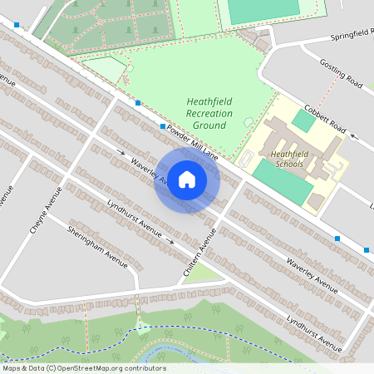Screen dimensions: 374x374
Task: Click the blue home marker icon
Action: (x=187, y=179)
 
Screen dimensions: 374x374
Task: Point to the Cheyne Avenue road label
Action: (x=47, y=211)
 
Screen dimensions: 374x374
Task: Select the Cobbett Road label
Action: (x=324, y=121)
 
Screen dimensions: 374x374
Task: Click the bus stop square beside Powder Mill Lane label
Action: (x=163, y=125)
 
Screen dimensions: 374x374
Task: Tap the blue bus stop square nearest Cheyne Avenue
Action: (x=138, y=104)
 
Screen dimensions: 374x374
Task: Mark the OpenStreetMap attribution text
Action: (x=84, y=368)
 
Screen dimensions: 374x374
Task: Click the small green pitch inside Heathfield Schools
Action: (x=303, y=121)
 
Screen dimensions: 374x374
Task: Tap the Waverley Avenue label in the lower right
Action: (x=312, y=274)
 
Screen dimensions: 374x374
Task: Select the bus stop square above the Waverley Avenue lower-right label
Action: (x=337, y=239)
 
